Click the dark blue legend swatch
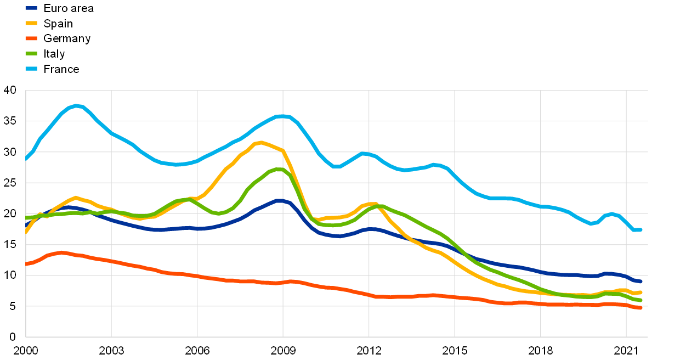31,8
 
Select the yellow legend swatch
31,23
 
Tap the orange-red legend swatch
31,38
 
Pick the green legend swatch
31,53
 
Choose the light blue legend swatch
31,69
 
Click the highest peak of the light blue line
77,105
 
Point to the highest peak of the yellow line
261,142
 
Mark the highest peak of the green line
279,169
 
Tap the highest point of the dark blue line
279,200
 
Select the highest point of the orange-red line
61,252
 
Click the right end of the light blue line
640,229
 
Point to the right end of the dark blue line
640,282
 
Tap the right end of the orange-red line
640,308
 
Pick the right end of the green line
640,300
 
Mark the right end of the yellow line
640,292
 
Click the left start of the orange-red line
26,264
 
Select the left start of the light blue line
26,160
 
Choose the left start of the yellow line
26,232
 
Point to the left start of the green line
26,218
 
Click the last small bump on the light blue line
612,213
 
